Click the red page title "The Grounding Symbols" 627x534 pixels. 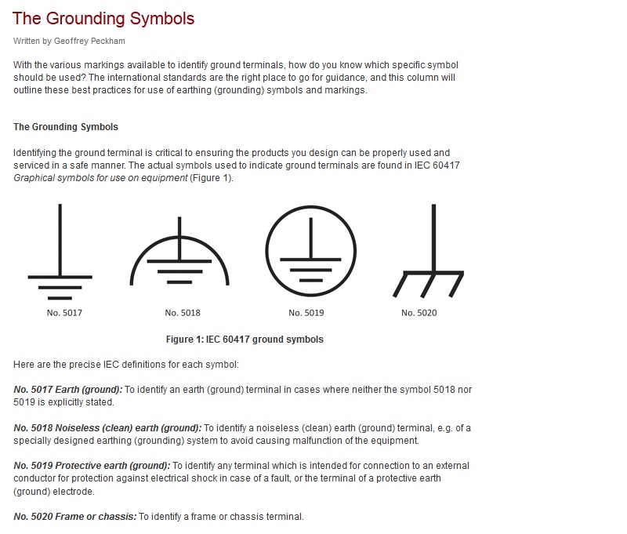(103, 18)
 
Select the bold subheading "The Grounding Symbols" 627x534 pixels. (66, 126)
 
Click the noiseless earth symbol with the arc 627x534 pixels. (180, 255)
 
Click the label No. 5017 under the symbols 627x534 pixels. (64, 313)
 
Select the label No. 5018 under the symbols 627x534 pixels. (183, 313)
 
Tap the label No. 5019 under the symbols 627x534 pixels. (306, 313)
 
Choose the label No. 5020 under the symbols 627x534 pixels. (419, 313)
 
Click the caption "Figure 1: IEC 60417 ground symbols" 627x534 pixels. (245, 340)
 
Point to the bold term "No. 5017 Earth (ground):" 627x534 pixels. (68, 390)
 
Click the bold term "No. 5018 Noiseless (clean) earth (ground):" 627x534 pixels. (107, 428)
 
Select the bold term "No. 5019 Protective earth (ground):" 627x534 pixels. (92, 466)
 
